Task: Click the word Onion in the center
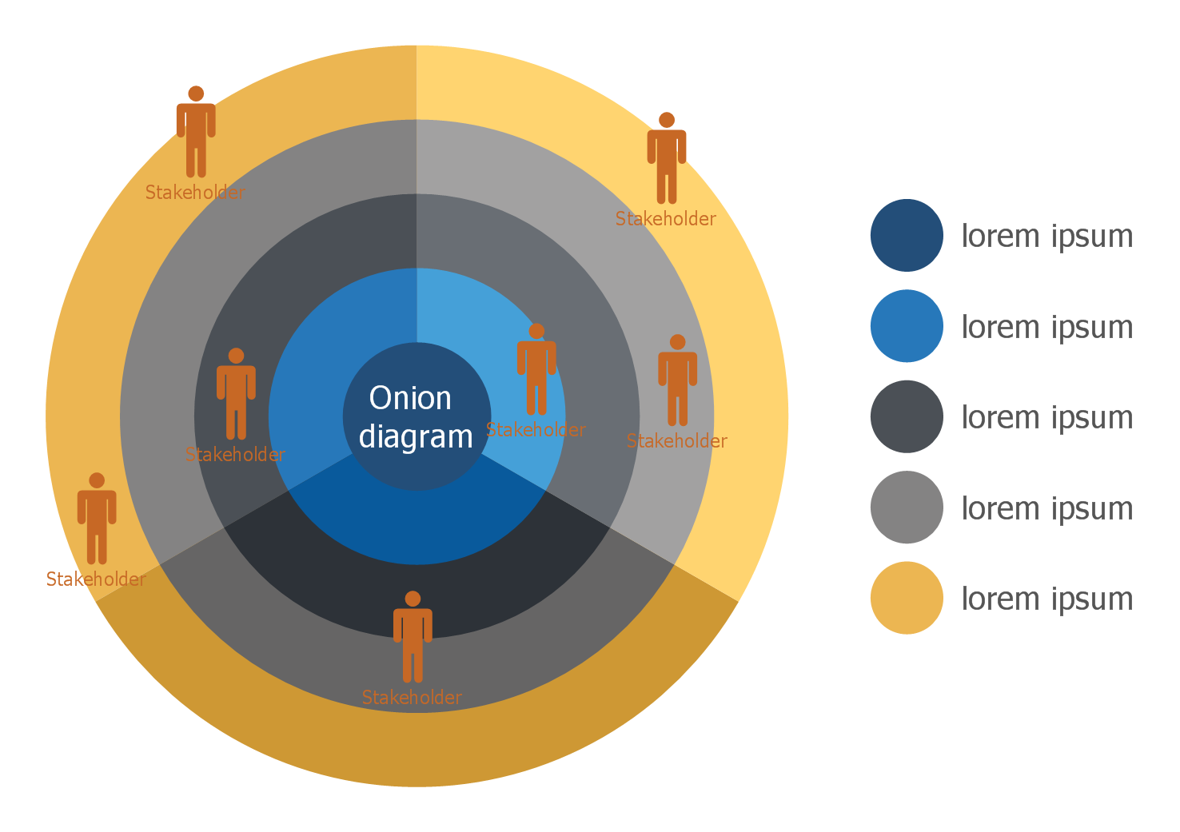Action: coord(410,398)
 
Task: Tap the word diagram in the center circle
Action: coord(416,437)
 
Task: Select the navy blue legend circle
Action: coord(906,235)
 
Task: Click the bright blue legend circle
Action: coord(906,326)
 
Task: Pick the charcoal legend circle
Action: coord(906,416)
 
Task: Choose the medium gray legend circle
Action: coord(906,508)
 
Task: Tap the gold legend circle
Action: coord(906,598)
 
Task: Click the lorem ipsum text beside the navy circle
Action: coord(1046,236)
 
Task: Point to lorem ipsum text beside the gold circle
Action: coord(1046,599)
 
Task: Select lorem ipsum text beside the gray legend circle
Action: coord(1046,508)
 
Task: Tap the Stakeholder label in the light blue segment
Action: coord(536,430)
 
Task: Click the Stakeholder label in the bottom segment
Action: coord(412,698)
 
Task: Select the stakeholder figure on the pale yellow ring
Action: coord(666,159)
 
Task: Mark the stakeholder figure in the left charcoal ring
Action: coord(236,395)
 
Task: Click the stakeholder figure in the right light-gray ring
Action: coord(677,381)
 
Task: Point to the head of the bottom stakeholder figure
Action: coord(413,599)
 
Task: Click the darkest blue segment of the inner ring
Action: coord(417,520)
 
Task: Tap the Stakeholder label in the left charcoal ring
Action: coord(235,455)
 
